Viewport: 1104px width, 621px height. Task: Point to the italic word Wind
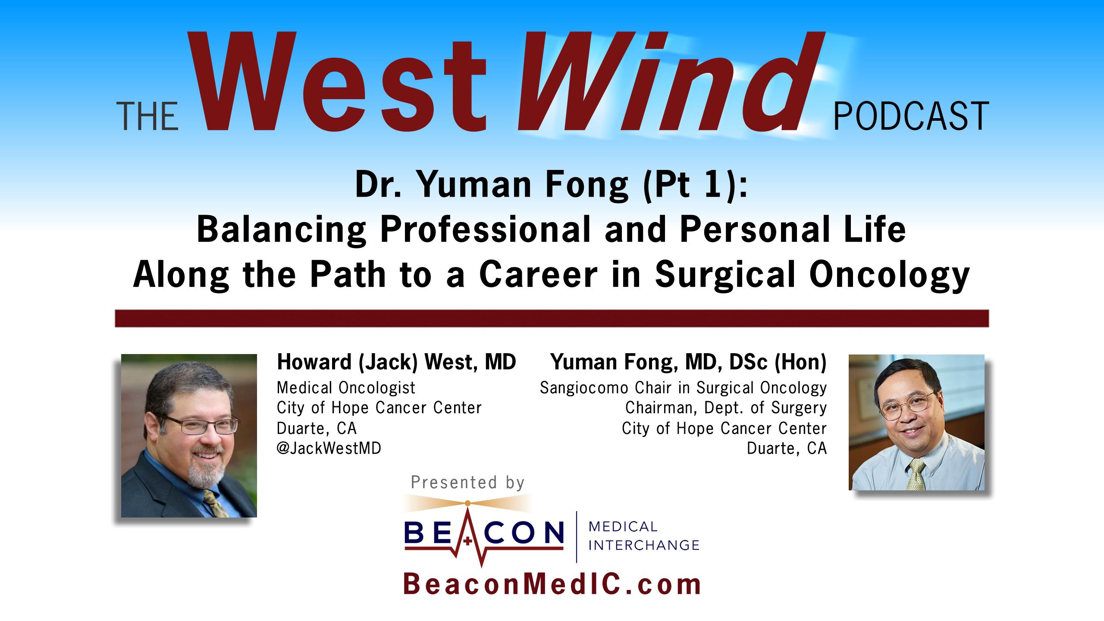pyautogui.click(x=660, y=82)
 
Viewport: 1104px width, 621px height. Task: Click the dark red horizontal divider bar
pyautogui.click(x=552, y=318)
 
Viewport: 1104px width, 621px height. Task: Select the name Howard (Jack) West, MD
pyautogui.click(x=396, y=362)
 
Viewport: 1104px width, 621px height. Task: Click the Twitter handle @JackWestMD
pyautogui.click(x=329, y=449)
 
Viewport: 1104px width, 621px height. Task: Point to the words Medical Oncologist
pyautogui.click(x=346, y=388)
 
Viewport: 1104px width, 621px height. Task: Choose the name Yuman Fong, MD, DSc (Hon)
pyautogui.click(x=688, y=362)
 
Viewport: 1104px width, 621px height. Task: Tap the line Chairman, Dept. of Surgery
pyautogui.click(x=726, y=408)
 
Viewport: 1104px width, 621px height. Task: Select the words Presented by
pyautogui.click(x=467, y=482)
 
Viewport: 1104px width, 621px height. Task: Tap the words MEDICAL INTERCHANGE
pyautogui.click(x=643, y=536)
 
